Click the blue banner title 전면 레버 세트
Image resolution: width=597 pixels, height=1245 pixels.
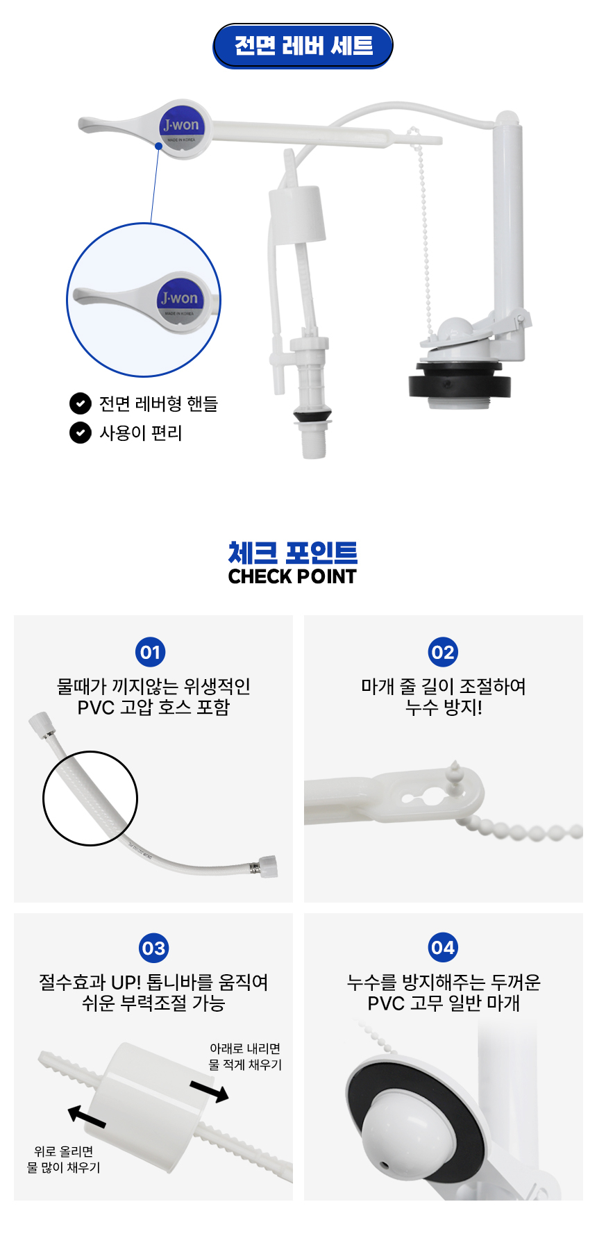point(303,46)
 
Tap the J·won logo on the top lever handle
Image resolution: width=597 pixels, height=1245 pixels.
point(181,126)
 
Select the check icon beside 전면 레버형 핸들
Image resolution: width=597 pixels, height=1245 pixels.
point(81,403)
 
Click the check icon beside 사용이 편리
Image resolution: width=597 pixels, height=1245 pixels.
point(81,433)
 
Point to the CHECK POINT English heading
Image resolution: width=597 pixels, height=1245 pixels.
point(292,576)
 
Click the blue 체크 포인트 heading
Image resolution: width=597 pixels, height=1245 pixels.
point(293,553)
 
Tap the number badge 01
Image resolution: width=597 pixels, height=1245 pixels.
point(151,652)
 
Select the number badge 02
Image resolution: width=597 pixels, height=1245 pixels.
point(443,652)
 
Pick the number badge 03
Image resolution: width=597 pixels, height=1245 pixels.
point(153,948)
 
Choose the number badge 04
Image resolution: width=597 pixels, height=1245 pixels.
point(443,948)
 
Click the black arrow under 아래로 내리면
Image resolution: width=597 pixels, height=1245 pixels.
point(209,1091)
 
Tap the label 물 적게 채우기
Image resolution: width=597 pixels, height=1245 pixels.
point(245,1064)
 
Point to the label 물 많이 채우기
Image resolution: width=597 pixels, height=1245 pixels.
point(64,1167)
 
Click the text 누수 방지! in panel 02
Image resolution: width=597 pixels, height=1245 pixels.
point(444,707)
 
